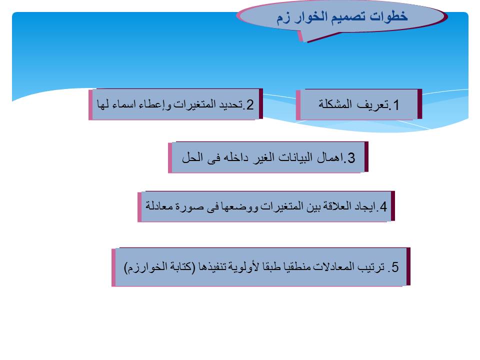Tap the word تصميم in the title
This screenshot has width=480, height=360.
coord(345,16)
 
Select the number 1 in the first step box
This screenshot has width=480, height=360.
coord(396,105)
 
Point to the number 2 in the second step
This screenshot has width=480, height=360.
coord(250,105)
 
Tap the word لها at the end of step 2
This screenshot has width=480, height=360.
coord(103,104)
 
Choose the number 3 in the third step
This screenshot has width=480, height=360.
coord(351,158)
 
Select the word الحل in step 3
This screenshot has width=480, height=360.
coord(192,157)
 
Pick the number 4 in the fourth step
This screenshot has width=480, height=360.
coord(383,206)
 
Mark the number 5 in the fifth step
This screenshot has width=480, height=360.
coord(395,267)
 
